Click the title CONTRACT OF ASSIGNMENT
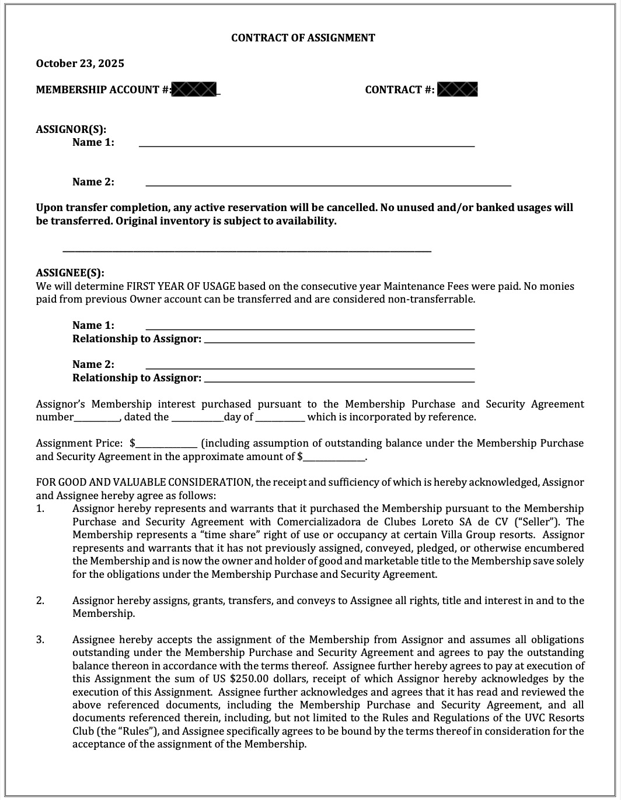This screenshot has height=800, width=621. click(303, 38)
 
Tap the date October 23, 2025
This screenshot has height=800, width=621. click(80, 64)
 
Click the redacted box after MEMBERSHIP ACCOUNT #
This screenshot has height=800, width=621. click(195, 89)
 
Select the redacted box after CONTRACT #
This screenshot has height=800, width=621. click(458, 89)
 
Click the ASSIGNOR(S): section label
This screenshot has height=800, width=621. click(71, 129)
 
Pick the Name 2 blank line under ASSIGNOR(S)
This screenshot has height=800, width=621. click(328, 183)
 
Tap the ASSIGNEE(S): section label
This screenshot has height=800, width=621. click(70, 273)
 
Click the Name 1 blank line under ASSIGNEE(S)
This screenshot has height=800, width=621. click(309, 326)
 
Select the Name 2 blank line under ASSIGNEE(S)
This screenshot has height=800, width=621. click(309, 365)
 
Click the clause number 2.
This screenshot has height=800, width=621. click(40, 601)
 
